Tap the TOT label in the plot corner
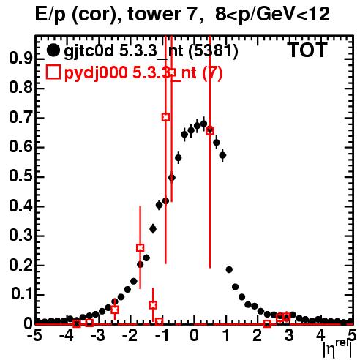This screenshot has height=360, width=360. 307,50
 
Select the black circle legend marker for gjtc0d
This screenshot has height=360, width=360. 53,50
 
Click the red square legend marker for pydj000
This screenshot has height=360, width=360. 53,72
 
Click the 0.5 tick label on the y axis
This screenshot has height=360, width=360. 20,176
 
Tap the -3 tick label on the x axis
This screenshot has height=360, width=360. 97,335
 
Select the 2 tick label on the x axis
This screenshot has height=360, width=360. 258,335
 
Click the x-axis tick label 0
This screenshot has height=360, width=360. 194,335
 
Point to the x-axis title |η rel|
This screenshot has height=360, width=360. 337,348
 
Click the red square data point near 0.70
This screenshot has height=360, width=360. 165,117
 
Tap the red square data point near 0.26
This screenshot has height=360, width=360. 140,248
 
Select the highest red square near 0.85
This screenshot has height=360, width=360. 172,72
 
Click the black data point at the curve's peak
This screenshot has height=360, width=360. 203,124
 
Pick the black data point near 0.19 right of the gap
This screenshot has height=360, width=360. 229,269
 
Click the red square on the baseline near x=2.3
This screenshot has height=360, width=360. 267,324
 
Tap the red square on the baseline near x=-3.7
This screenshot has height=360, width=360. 77,323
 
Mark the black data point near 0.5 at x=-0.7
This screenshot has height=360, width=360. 172,178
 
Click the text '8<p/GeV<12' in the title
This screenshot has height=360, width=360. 272,14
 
